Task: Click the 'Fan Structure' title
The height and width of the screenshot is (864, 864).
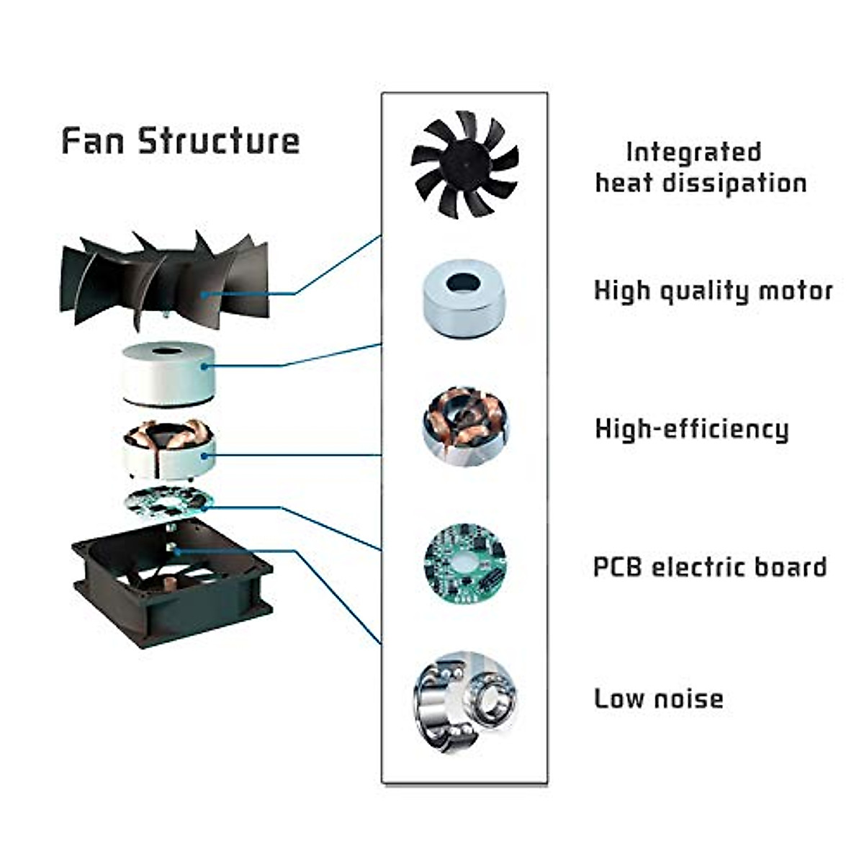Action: click(x=180, y=140)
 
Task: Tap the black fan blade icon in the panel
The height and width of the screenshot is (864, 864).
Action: click(x=464, y=163)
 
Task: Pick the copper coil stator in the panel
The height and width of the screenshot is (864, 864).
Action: click(x=465, y=426)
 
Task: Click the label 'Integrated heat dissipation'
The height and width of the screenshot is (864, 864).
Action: click(x=700, y=168)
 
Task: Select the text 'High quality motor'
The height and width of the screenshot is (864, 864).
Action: click(x=713, y=291)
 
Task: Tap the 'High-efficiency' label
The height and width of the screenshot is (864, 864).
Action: click(x=691, y=429)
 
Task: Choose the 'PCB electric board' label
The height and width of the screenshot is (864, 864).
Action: click(x=709, y=567)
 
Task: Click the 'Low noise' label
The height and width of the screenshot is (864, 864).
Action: click(x=658, y=698)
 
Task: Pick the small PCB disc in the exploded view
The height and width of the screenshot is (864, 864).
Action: click(x=169, y=503)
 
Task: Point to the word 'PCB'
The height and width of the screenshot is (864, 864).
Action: click(x=618, y=567)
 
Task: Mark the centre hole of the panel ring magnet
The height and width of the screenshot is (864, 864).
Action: click(x=464, y=283)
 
